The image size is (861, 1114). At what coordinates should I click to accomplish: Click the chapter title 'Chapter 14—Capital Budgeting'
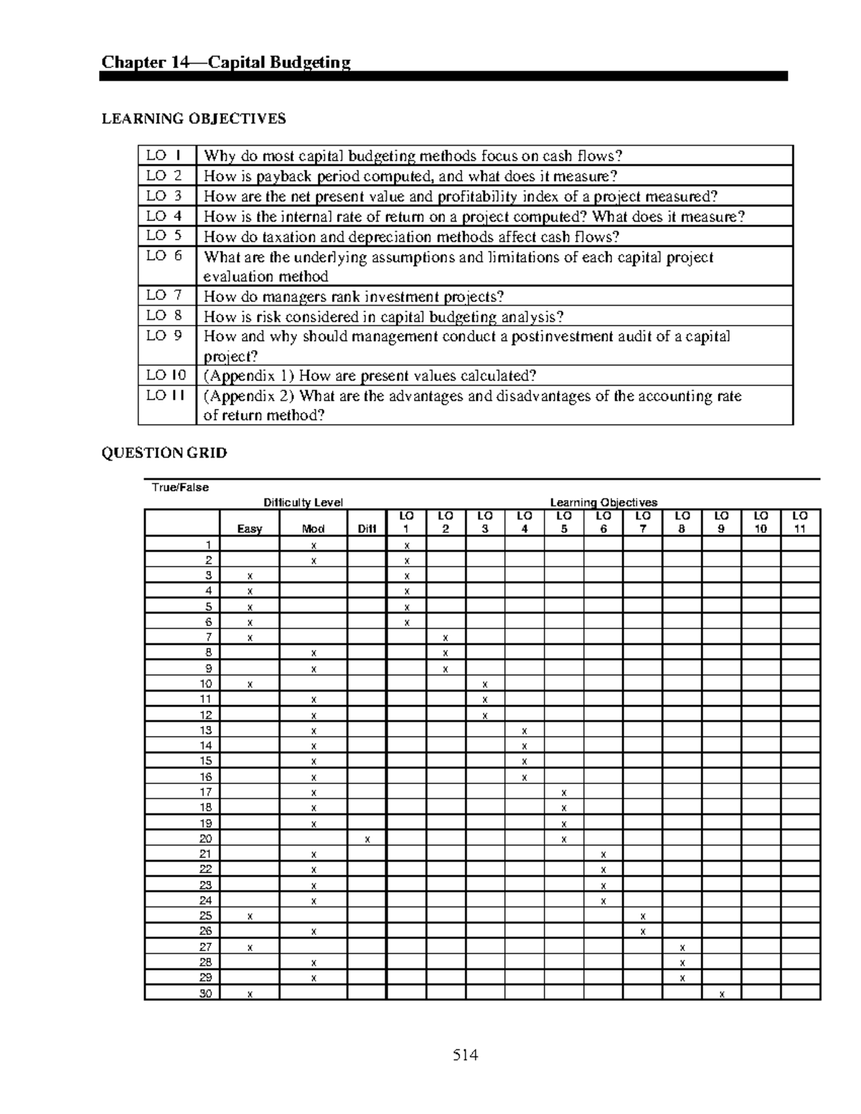tap(226, 62)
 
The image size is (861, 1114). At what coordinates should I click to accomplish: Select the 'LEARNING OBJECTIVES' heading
tap(194, 119)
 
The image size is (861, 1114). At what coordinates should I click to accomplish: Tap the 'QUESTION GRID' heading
tap(164, 453)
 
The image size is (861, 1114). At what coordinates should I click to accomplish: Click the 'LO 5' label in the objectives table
tap(164, 236)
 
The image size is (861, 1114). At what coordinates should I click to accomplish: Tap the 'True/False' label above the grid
tap(180, 487)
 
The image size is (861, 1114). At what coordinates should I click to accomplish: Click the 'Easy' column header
tap(250, 529)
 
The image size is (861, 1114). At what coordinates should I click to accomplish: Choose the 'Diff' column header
tap(367, 529)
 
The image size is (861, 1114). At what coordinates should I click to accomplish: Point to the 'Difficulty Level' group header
tap(303, 502)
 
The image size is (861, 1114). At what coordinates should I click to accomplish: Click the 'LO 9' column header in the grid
tap(721, 522)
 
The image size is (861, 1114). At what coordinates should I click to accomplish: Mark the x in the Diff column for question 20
tap(367, 839)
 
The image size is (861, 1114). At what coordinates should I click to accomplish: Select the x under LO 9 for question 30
tap(721, 993)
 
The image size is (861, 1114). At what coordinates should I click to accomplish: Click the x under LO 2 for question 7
tap(446, 638)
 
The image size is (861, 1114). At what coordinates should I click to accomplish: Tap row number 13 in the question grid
tap(206, 730)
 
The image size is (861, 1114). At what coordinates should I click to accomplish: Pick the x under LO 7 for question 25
tap(643, 916)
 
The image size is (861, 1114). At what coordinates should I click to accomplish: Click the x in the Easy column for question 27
tap(250, 947)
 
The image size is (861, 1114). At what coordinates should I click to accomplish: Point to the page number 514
tap(465, 1054)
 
